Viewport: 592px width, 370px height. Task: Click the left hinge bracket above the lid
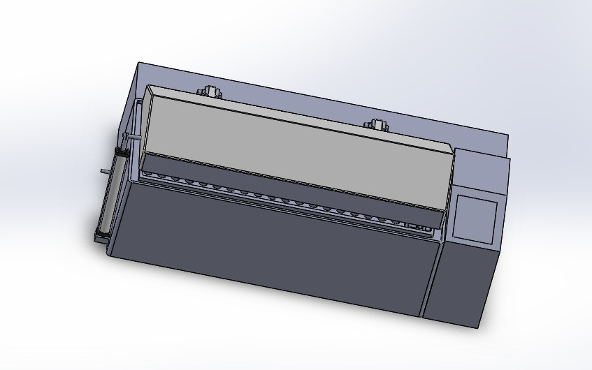tap(209, 91)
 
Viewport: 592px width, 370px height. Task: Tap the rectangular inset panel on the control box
tap(475, 217)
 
